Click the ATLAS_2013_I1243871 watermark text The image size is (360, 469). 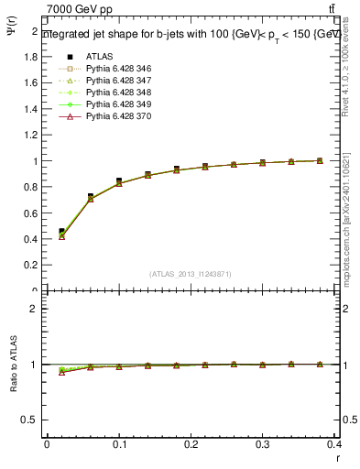pos(191,274)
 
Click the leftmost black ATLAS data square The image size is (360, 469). pos(61,231)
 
